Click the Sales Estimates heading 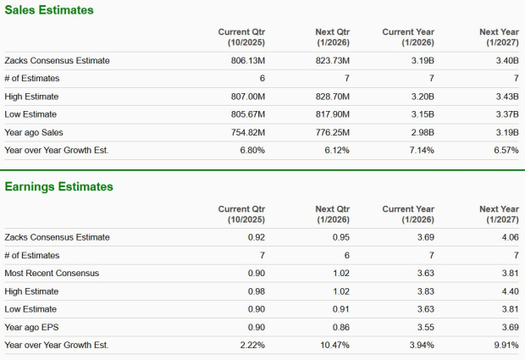click(49, 10)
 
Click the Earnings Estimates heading click(59, 186)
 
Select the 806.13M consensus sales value click(247, 60)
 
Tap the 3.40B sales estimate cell click(505, 60)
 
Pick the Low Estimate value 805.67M click(247, 114)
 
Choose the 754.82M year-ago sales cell click(247, 132)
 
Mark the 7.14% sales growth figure click(421, 150)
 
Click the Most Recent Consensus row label click(52, 273)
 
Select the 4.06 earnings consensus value click(509, 237)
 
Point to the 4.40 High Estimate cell click(509, 291)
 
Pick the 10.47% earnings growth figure click(334, 345)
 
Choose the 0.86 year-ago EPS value click(340, 327)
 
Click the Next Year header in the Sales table click(499, 36)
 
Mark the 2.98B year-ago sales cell click(422, 132)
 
